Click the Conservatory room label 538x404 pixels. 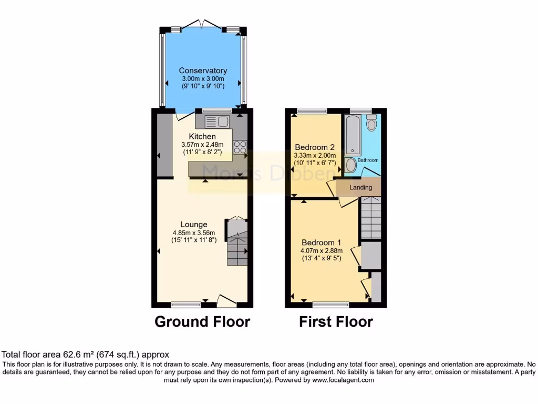point(203,70)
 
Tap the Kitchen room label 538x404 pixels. point(202,136)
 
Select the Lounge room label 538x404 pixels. point(194,224)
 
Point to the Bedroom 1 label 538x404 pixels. point(321,243)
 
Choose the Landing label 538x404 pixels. point(361,187)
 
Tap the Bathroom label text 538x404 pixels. point(368,160)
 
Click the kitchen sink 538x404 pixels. point(217,122)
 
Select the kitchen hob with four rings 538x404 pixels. point(240,147)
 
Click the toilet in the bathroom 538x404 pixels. point(372,123)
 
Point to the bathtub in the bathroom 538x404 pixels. point(351,134)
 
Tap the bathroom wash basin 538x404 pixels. point(350,165)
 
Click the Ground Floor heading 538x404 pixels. point(202,321)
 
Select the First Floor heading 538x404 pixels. point(336,321)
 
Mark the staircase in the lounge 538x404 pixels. point(237,245)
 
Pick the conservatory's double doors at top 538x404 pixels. point(203,24)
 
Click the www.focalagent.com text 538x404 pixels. point(343,380)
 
